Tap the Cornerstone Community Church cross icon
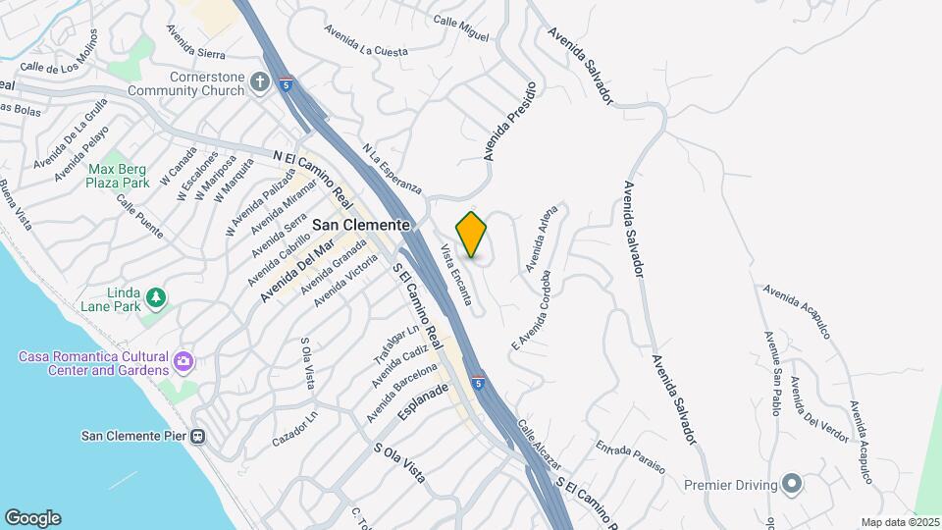[260, 82]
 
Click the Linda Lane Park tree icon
[155, 296]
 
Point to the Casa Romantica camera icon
[183, 363]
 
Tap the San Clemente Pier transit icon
[197, 436]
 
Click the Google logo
[32, 517]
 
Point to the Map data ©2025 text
[899, 522]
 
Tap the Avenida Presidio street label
[510, 122]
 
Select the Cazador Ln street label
[295, 426]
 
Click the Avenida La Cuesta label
[369, 43]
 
